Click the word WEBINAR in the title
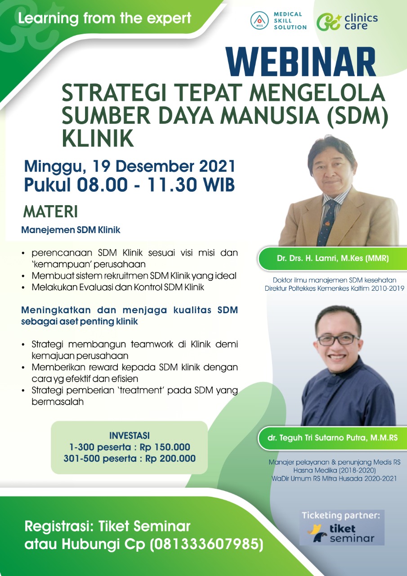point(300,62)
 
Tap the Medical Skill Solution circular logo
point(259,20)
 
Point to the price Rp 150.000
point(165,447)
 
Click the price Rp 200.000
point(170,459)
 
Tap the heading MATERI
point(50,211)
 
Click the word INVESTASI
point(129,436)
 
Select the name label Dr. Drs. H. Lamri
point(333,258)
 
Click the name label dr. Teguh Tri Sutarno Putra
point(332,438)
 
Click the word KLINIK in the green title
point(98,138)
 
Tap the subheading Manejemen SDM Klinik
point(71,230)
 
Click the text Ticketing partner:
point(341,515)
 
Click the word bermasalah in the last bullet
point(58,402)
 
